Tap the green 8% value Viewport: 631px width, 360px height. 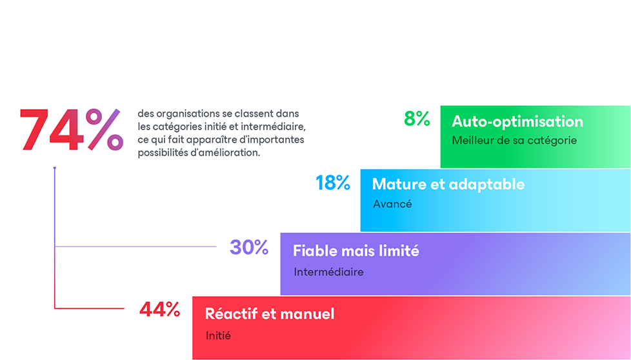pos(417,119)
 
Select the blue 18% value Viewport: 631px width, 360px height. pos(333,183)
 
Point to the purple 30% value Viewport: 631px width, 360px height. pos(249,247)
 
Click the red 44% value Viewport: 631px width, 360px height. pos(159,310)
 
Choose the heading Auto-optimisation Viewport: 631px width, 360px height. pos(517,121)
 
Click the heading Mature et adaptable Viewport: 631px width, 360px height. pos(448,185)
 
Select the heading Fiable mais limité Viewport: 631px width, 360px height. pos(356,250)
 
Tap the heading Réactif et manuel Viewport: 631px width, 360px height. pos(270,314)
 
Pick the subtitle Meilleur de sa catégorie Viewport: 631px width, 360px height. pos(514,140)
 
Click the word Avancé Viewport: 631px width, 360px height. pos(392,204)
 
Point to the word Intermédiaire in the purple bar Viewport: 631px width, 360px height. pos(328,272)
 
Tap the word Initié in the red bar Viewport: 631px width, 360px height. pos(218,335)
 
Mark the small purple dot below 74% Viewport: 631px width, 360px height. pos(55,168)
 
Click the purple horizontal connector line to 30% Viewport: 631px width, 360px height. pos(135,246)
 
